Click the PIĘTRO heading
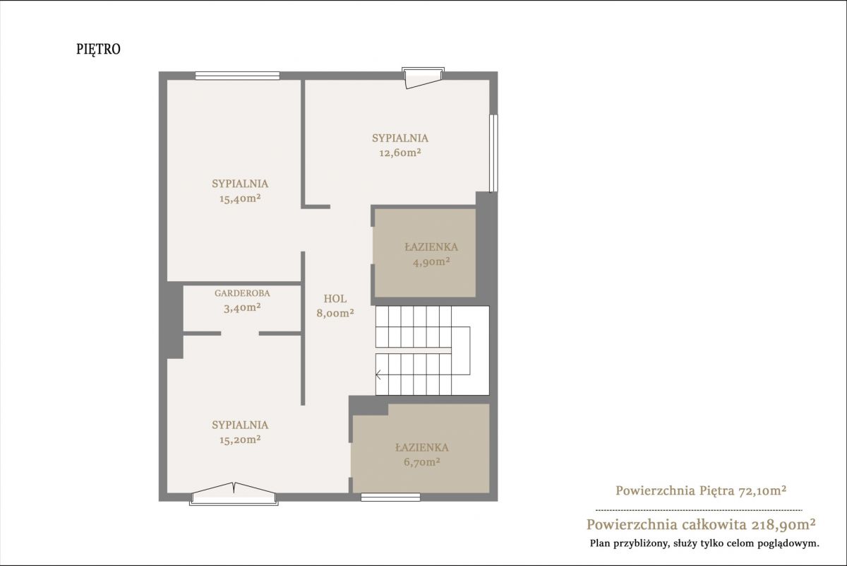(98, 49)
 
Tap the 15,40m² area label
(240, 199)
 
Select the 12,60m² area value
(400, 153)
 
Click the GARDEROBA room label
(242, 293)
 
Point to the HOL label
(335, 299)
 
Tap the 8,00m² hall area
(335, 313)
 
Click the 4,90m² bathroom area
(431, 261)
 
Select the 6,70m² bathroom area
(422, 462)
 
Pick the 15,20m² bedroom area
(240, 440)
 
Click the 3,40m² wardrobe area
(242, 308)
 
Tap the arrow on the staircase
(378, 375)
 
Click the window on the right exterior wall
(493, 153)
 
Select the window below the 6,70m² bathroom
(390, 497)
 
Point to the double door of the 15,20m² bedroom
(234, 494)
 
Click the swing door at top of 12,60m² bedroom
(423, 78)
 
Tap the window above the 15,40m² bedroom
(237, 76)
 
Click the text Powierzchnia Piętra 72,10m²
(702, 490)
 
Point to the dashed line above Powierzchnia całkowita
(699, 510)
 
